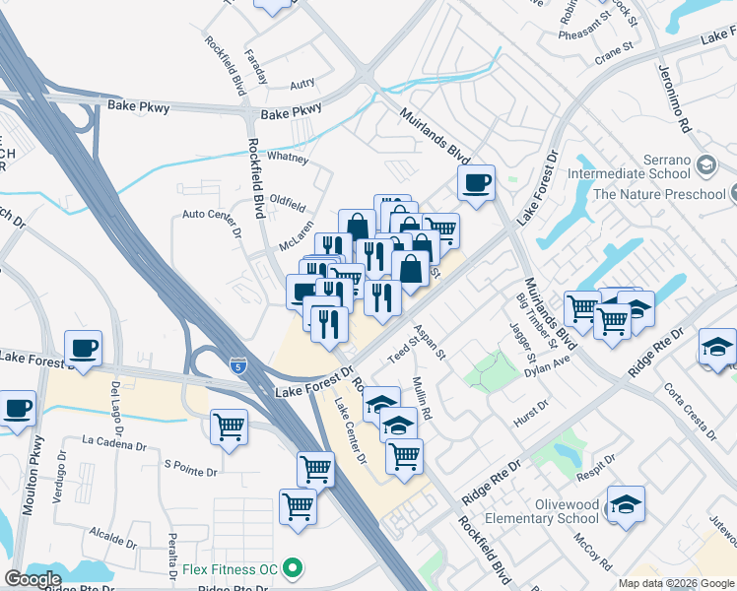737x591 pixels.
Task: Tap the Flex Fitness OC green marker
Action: pyautogui.click(x=291, y=568)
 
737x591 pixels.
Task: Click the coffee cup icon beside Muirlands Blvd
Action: pyautogui.click(x=477, y=182)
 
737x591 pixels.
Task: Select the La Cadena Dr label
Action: pyautogui.click(x=114, y=440)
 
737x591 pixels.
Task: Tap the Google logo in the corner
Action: pyautogui.click(x=33, y=579)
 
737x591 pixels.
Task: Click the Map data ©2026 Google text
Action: pyautogui.click(x=675, y=583)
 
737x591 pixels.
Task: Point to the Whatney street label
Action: pyautogui.click(x=289, y=157)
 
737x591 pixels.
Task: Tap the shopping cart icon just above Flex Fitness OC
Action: pyautogui.click(x=298, y=506)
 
